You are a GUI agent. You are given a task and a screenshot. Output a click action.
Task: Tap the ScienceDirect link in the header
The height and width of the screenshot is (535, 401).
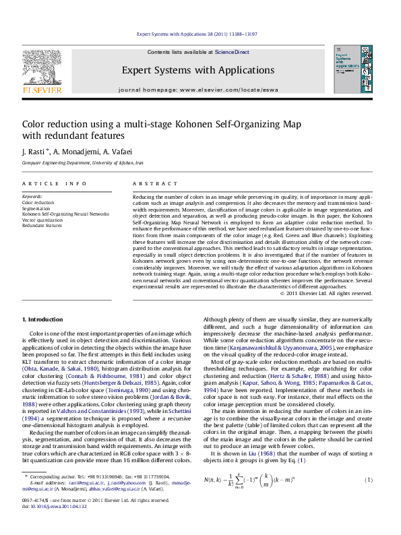[x=232, y=52]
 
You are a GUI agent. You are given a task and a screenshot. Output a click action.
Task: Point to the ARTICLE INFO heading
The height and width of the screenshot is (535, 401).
[x=54, y=184]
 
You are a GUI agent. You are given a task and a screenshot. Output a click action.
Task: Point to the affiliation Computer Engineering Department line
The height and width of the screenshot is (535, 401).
[x=82, y=163]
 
